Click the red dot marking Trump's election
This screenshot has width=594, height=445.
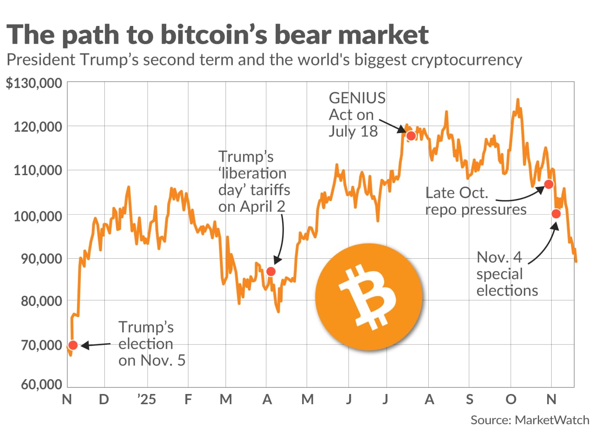[x=73, y=345]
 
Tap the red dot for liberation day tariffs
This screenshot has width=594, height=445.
[x=271, y=271]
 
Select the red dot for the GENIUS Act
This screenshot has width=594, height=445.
[x=411, y=136]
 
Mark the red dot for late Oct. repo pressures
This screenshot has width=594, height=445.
[x=549, y=184]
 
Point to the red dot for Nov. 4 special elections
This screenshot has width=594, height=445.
[x=556, y=214]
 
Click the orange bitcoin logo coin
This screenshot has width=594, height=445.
[x=369, y=297]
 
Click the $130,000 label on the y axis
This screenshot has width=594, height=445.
[x=34, y=83]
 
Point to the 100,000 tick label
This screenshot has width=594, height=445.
[x=38, y=216]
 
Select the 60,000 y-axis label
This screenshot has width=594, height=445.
[x=41, y=384]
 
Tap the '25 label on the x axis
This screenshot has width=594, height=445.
[x=147, y=399]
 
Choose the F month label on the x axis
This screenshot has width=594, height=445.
[x=188, y=399]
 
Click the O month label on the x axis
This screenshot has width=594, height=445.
[x=511, y=399]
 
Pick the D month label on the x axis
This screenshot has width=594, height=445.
[x=104, y=399]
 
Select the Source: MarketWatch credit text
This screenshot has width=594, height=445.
[x=529, y=420]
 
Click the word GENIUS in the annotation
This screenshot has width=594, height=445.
[x=357, y=98]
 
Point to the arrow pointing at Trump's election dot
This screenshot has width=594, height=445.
[x=97, y=345]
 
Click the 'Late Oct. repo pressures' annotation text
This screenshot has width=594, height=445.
[x=476, y=201]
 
